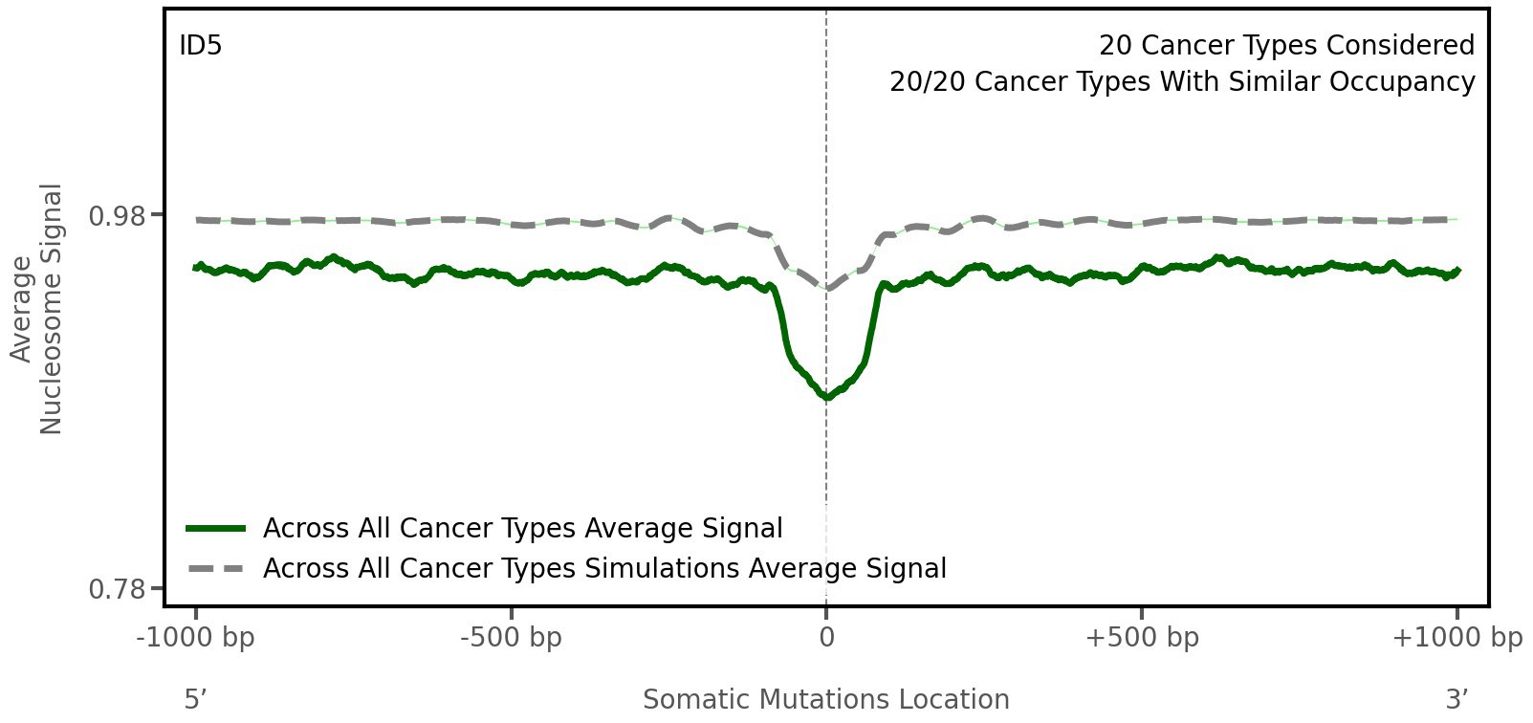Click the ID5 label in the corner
click(201, 45)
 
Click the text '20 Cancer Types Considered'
click(1286, 45)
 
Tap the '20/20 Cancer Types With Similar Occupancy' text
click(1182, 82)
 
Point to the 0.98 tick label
click(118, 216)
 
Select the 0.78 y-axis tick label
click(118, 589)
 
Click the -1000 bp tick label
click(196, 638)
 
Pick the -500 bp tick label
click(511, 638)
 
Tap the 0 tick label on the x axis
click(826, 638)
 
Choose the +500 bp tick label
click(1142, 638)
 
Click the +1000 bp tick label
click(1456, 638)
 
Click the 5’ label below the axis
click(195, 699)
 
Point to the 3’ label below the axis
click(1456, 699)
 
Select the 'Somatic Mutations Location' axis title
click(825, 699)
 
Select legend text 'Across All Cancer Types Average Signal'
click(522, 529)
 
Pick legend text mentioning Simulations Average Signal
click(604, 569)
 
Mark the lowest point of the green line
click(826, 397)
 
